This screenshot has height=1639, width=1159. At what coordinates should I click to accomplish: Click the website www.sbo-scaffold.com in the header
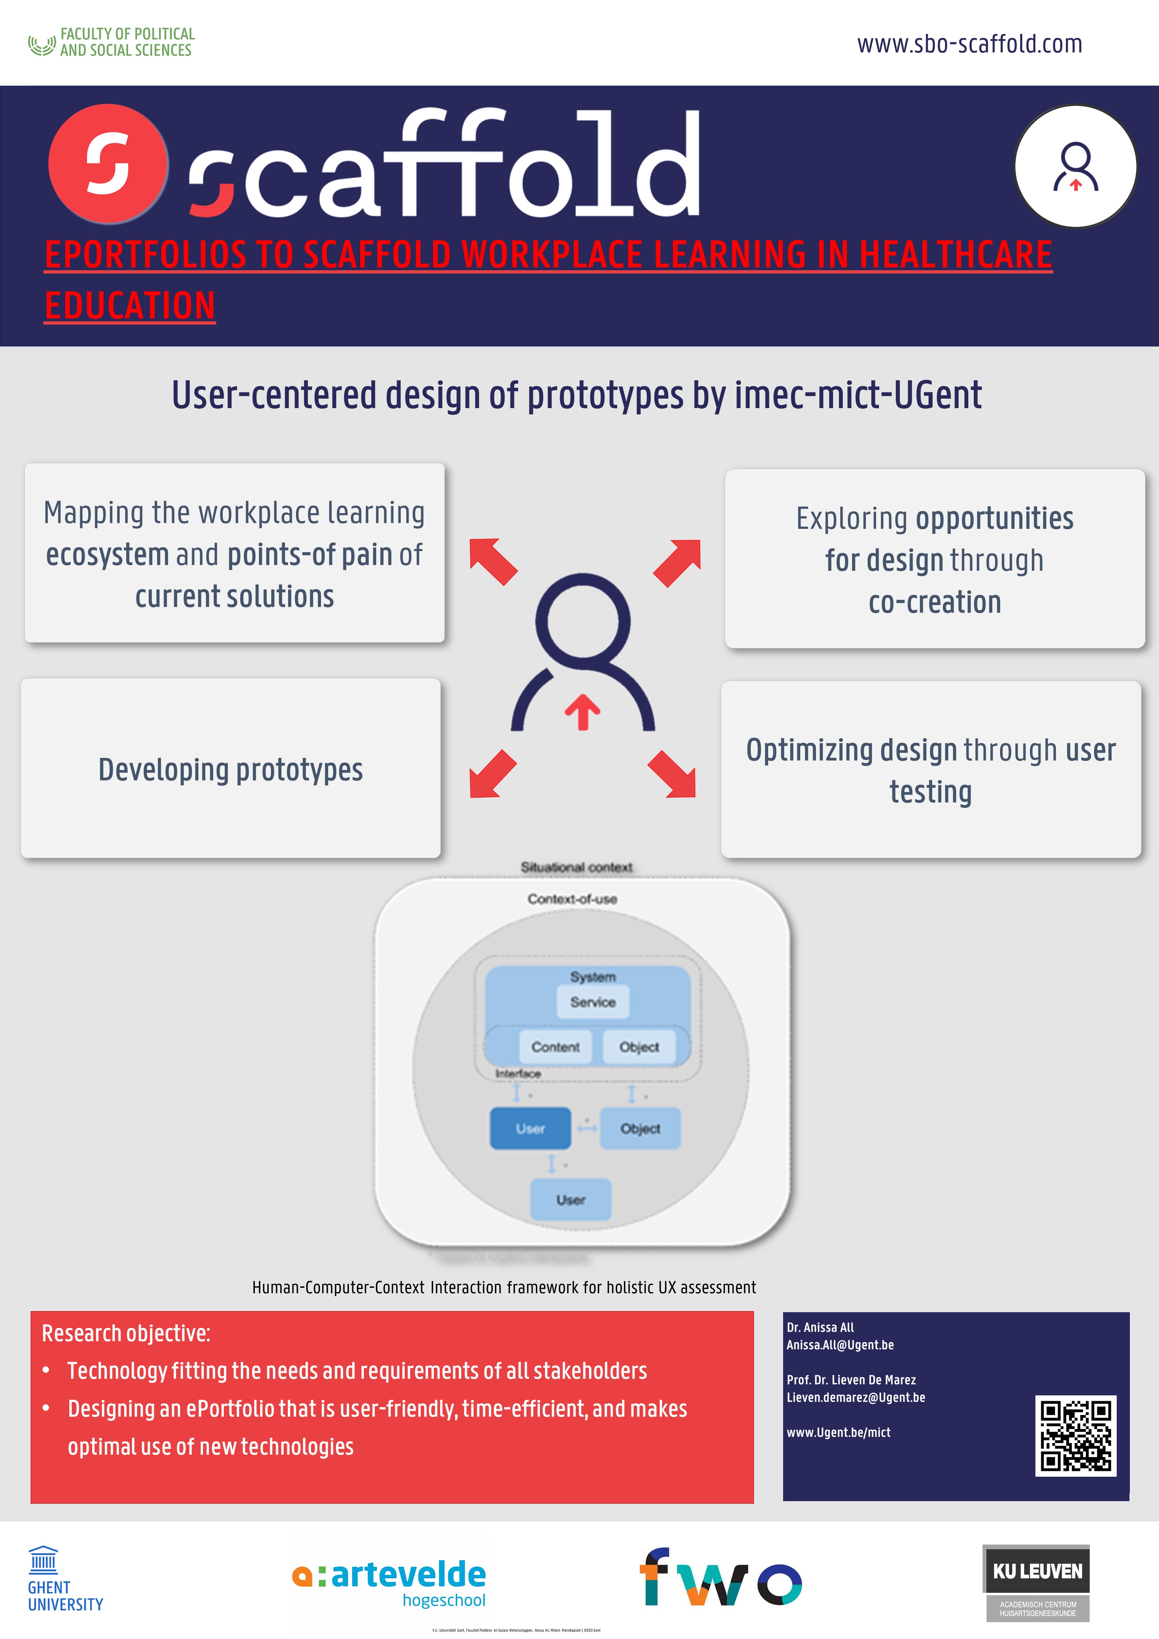[969, 44]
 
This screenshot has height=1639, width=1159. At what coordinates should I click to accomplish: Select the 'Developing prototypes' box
[230, 769]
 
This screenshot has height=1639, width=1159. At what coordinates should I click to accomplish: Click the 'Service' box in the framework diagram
[592, 1001]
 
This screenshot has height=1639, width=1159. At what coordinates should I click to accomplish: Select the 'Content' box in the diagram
[555, 1046]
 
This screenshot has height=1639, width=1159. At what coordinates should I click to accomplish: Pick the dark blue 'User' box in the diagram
[530, 1128]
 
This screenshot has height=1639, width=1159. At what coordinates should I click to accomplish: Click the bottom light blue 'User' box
[570, 1199]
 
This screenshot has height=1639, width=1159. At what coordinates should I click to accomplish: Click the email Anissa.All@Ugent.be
[840, 1345]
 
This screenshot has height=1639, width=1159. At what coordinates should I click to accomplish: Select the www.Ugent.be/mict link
[839, 1432]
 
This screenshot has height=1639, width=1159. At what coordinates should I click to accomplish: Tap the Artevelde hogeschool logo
[390, 1582]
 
